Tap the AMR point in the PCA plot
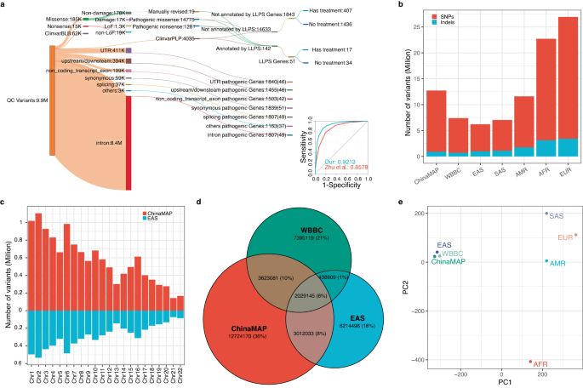click(x=546, y=261)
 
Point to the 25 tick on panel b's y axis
click(x=411, y=28)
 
